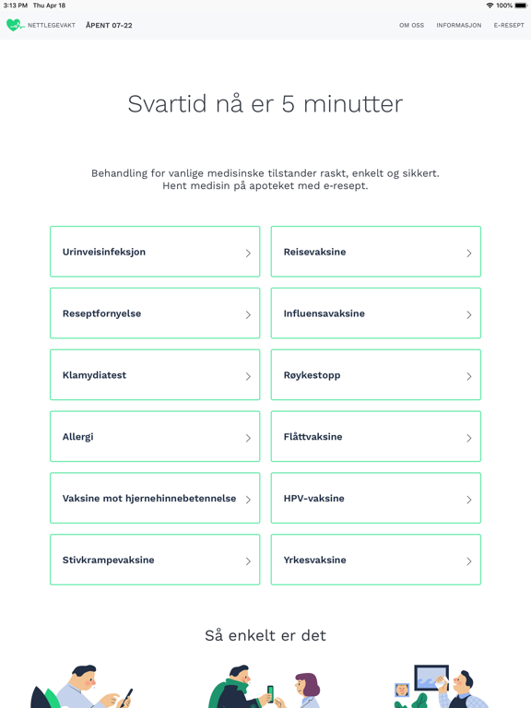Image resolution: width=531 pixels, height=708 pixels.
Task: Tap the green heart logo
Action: coord(15,26)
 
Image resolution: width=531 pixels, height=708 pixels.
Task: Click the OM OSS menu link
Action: coord(411,26)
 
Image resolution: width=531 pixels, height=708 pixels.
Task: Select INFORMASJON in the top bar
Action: coord(458,26)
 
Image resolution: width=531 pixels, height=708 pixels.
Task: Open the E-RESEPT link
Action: coord(509,26)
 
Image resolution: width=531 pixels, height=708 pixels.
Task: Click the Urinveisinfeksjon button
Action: coord(155,252)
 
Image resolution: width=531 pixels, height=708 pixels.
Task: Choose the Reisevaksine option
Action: coord(375,252)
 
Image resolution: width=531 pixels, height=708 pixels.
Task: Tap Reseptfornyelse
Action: coord(155,313)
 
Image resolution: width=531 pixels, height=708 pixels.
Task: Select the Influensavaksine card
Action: coord(375,313)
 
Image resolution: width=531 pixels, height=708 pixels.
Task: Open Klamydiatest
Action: coord(155,375)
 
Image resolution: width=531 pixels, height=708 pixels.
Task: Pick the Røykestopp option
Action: coord(375,375)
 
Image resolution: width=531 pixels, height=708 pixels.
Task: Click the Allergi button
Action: coord(155,437)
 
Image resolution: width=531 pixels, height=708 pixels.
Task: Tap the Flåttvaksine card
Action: coord(375,437)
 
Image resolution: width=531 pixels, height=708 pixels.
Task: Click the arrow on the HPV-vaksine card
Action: coord(468,500)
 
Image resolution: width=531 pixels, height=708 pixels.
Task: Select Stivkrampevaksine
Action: coord(155,560)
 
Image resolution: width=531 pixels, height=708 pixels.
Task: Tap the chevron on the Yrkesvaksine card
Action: coord(468,561)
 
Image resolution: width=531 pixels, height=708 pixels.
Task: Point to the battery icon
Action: coord(520,6)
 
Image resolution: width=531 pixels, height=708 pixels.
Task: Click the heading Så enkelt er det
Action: coord(265,635)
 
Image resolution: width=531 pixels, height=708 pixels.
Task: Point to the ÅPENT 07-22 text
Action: coord(109,26)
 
